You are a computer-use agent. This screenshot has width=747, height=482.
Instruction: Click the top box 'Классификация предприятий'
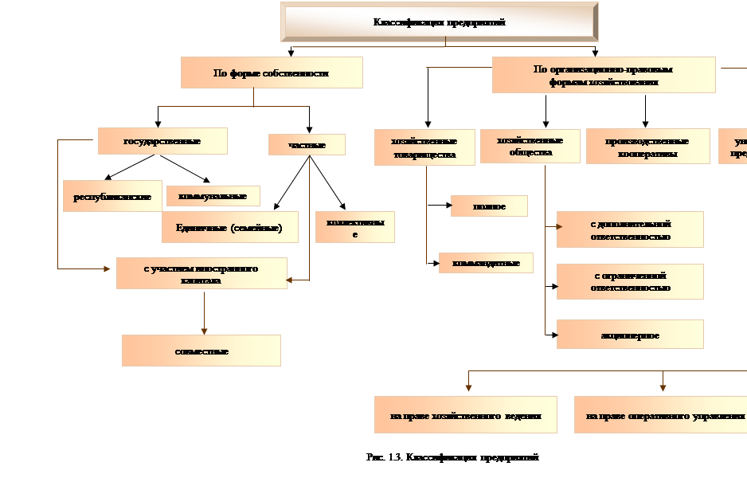[440, 22]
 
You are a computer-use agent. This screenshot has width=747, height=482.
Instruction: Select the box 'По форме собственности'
[272, 72]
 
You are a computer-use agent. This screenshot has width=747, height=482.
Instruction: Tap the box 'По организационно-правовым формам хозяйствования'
[603, 75]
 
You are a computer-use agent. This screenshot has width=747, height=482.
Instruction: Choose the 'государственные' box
[162, 141]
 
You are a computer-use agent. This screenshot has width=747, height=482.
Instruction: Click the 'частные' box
[307, 143]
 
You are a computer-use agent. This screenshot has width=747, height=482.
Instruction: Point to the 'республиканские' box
[112, 196]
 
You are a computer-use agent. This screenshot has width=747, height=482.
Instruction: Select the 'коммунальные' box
[213, 195]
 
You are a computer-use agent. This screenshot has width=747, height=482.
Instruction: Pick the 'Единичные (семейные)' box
[230, 227]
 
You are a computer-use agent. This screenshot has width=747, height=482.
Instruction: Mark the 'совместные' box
[201, 351]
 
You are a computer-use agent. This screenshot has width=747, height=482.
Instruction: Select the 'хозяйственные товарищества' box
[424, 147]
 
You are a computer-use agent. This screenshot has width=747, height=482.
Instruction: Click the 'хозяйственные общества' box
[530, 146]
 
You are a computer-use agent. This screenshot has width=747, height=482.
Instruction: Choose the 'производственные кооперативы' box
[647, 147]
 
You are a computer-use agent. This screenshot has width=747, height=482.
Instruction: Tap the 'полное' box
[489, 206]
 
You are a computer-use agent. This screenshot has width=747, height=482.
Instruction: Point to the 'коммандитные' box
[486, 262]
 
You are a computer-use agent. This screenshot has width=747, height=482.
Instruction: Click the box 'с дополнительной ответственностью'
[630, 229]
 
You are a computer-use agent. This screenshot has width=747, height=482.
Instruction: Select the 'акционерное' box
[630, 335]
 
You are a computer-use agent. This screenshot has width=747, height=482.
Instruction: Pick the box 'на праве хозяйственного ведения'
[467, 415]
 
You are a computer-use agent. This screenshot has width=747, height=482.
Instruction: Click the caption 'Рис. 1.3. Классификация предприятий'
[452, 458]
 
